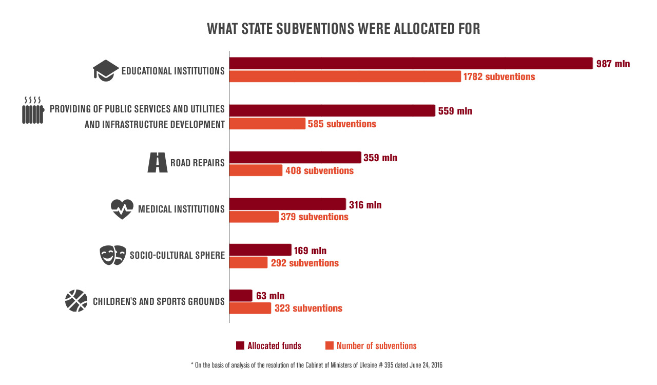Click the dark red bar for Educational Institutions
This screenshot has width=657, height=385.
click(x=411, y=63)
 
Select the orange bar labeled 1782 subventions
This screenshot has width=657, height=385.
click(x=345, y=76)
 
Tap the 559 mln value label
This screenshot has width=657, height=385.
click(x=455, y=111)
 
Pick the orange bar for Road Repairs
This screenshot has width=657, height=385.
click(x=256, y=170)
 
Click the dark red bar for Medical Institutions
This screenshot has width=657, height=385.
click(x=287, y=204)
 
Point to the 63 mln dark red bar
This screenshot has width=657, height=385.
click(x=241, y=296)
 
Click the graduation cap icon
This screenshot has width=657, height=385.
click(x=106, y=70)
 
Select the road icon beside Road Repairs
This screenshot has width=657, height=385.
click(x=158, y=162)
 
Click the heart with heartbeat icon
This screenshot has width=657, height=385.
click(x=122, y=209)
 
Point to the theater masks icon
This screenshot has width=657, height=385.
click(x=113, y=255)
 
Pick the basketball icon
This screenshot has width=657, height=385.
click(x=76, y=301)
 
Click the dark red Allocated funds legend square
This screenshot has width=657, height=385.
click(x=240, y=345)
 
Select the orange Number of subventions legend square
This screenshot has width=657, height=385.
click(x=330, y=345)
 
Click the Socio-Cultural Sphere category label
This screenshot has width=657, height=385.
click(x=177, y=255)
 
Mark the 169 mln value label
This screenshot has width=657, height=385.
click(x=310, y=251)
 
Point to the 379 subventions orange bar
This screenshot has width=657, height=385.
click(x=254, y=217)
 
